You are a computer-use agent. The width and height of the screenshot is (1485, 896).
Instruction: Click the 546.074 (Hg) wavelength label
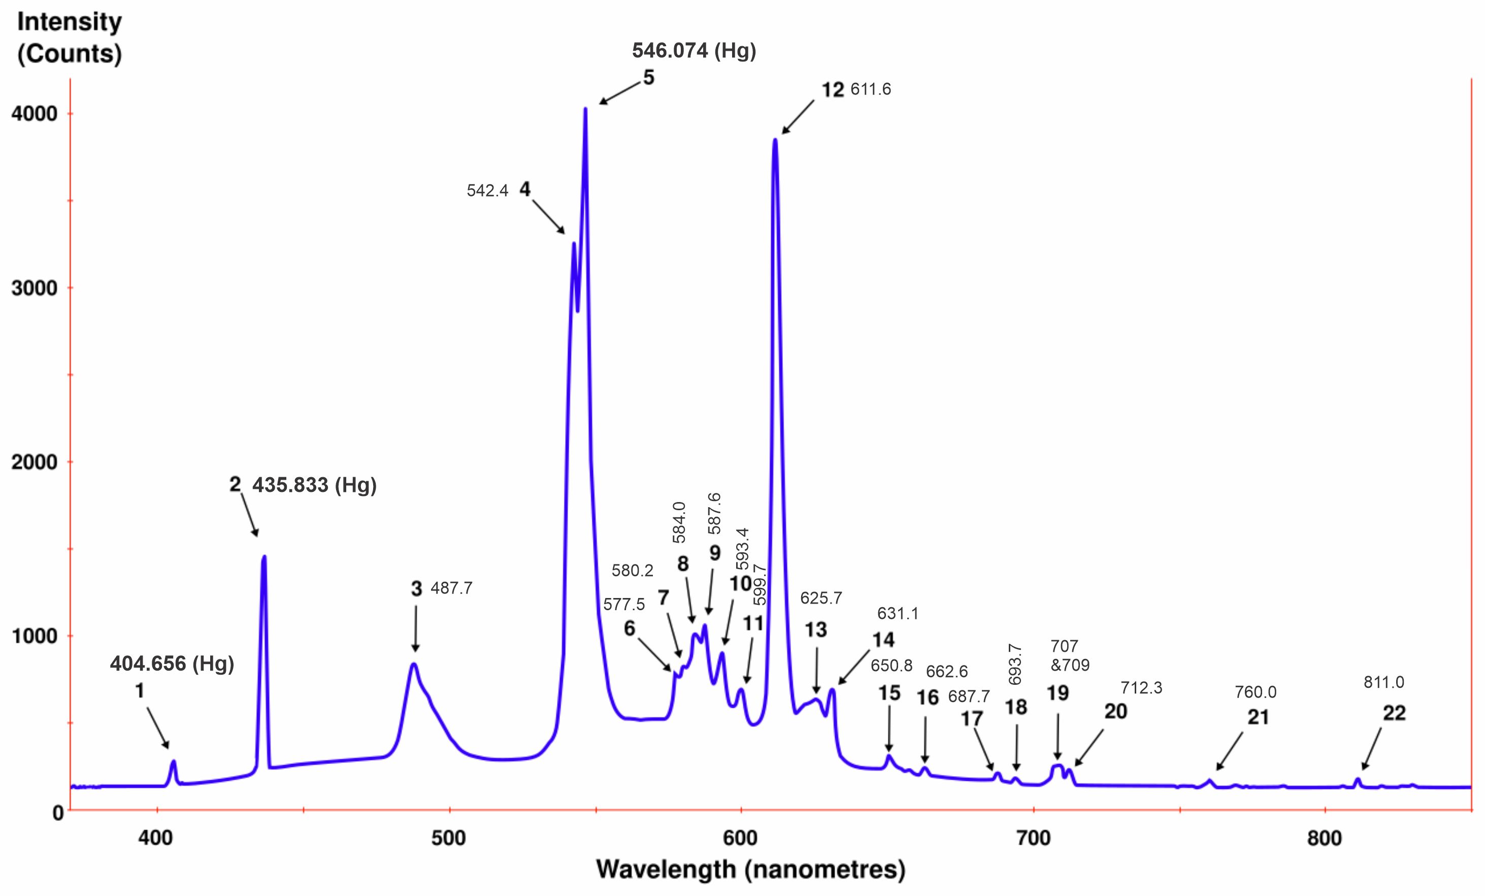[x=694, y=51]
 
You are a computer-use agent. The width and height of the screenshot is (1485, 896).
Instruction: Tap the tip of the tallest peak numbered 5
[x=585, y=110]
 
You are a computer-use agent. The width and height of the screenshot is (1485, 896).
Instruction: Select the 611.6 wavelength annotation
[x=870, y=90]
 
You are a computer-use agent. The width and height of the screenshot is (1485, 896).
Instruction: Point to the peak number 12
[x=833, y=90]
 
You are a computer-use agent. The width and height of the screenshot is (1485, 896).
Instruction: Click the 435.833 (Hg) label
[x=314, y=485]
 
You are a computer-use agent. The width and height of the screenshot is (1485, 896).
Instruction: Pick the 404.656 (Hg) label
[x=172, y=664]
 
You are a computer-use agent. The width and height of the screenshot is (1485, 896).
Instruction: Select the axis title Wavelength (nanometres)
[x=751, y=870]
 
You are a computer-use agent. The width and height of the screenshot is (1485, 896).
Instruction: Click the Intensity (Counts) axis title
[x=70, y=38]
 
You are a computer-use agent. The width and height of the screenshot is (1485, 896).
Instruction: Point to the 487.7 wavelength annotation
[x=451, y=588]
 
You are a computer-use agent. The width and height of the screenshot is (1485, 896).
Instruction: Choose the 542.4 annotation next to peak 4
[x=487, y=191]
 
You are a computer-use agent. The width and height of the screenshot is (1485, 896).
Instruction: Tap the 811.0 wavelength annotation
[x=1384, y=682]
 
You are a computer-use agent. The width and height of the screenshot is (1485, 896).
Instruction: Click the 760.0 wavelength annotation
[x=1256, y=692]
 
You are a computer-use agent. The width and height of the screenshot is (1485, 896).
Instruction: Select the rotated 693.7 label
[x=1015, y=663]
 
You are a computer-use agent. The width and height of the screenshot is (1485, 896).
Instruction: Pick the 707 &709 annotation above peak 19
[x=1070, y=655]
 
